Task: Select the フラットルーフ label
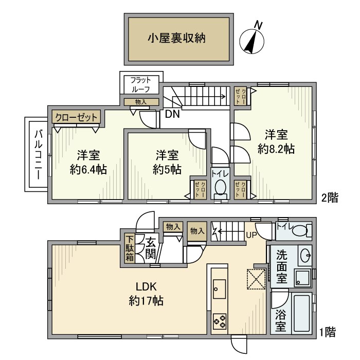140,84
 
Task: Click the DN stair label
172,114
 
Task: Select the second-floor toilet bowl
220,187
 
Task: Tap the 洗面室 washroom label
281,267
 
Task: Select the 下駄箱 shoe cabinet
131,249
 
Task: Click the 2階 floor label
330,197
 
